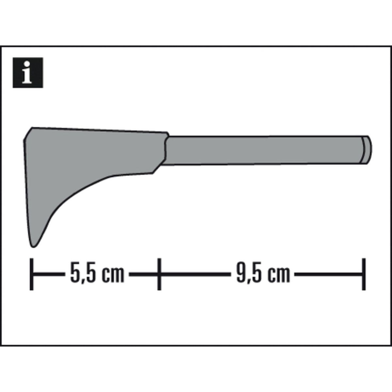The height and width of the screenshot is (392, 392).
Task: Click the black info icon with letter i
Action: point(28,73)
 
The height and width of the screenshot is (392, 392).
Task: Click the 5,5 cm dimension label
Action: point(97,274)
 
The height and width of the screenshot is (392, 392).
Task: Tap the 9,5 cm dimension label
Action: point(263,274)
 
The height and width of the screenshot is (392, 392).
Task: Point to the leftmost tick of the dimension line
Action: point(31,274)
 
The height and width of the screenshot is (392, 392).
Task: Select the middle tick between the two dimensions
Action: point(159,274)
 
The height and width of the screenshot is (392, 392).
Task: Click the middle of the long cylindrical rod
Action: point(261,150)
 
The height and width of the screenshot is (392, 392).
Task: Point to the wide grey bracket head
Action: point(82,154)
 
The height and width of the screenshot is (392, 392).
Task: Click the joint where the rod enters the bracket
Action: point(166,150)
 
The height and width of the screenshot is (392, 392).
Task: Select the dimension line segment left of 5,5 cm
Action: point(49,274)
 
